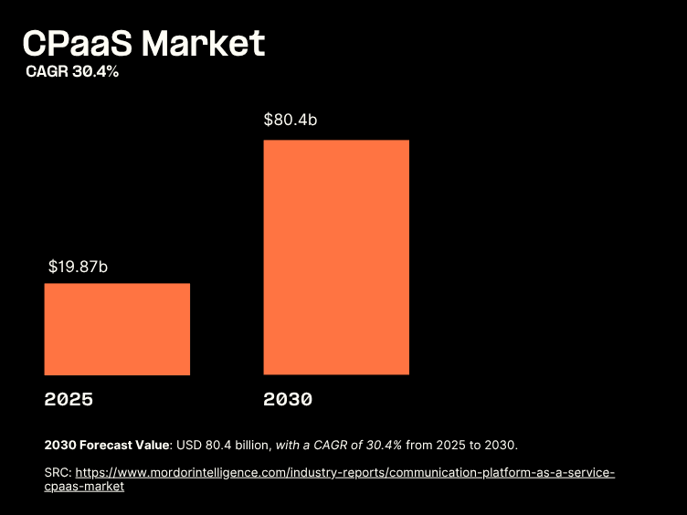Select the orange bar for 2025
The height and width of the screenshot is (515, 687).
(x=117, y=329)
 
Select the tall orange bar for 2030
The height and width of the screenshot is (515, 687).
(x=336, y=257)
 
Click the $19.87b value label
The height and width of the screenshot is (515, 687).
(x=79, y=267)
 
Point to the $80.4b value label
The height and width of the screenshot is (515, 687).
(x=291, y=120)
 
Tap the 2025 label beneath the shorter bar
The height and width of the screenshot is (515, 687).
(x=69, y=399)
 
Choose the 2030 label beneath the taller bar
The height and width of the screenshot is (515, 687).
(x=289, y=399)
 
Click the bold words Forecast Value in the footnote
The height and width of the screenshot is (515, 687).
(x=123, y=445)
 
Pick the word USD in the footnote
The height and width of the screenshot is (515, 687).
(x=187, y=445)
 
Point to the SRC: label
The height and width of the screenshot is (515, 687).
(x=57, y=473)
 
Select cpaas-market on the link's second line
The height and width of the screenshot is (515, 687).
(x=84, y=487)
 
